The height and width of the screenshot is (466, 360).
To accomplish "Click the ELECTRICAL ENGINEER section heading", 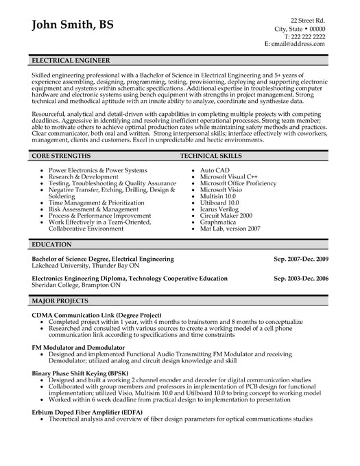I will pyautogui.click(x=72, y=60).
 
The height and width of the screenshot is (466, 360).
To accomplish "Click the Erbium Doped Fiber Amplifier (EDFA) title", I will pyautogui.click(x=94, y=411).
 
